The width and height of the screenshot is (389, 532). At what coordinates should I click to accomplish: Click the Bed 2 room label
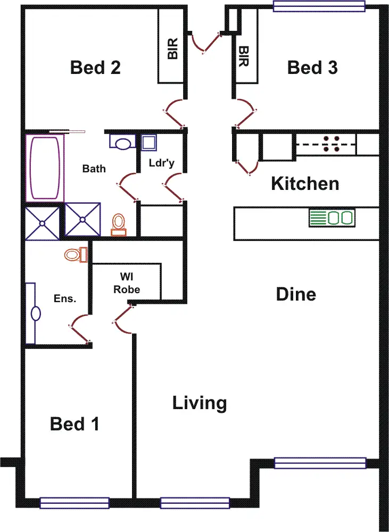tap(95, 68)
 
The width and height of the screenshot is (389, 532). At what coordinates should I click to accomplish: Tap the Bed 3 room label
tap(312, 68)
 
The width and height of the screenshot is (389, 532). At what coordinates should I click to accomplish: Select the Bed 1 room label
tap(75, 424)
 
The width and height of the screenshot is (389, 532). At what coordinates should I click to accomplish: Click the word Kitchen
tap(305, 184)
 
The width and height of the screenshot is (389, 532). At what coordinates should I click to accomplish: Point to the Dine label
tap(296, 294)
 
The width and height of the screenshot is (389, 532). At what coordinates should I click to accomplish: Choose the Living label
tap(200, 403)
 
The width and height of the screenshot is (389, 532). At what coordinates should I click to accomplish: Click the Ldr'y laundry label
tap(161, 163)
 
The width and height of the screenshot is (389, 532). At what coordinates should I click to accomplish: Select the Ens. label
tap(65, 298)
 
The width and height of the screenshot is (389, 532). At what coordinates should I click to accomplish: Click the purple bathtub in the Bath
tap(45, 167)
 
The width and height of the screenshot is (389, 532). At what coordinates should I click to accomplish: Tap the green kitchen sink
tap(332, 218)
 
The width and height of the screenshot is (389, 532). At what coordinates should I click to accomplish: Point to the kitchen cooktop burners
tap(333, 144)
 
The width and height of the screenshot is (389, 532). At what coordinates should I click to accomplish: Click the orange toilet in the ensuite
tap(75, 254)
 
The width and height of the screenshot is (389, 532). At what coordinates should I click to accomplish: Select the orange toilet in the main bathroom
tap(119, 224)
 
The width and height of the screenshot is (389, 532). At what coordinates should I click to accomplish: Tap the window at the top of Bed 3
tap(319, 6)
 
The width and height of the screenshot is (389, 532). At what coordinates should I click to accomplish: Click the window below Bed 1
tap(75, 503)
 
